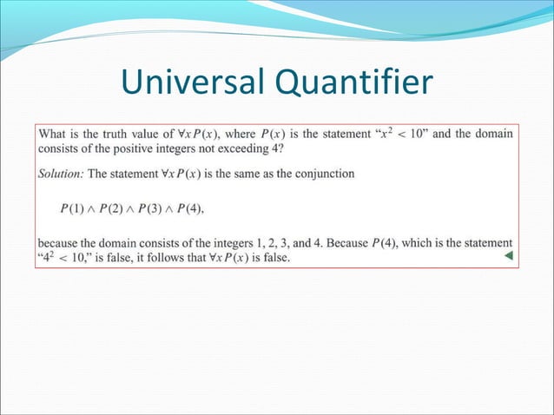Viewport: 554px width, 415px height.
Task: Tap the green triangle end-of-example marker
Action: coord(508,256)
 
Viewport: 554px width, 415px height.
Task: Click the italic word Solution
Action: coord(60,174)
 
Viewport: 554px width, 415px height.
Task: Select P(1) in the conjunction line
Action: coord(74,208)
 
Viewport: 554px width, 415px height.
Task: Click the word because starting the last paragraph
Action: coord(60,243)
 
